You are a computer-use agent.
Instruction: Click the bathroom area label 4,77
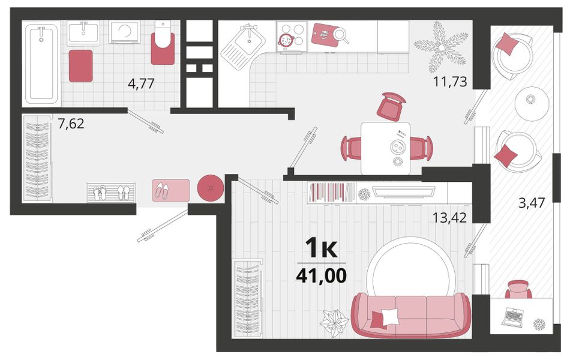(x=141, y=83)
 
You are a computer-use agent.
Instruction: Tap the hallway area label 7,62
(x=71, y=124)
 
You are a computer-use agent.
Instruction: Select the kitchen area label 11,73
(x=449, y=82)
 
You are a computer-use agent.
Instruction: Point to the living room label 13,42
(x=449, y=217)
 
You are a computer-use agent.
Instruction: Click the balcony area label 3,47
(x=532, y=203)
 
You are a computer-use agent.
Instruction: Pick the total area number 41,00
(x=322, y=275)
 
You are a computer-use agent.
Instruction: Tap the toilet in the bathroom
(x=163, y=43)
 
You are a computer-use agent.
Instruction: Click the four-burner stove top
(x=292, y=35)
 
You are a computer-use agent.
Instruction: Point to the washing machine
(x=124, y=32)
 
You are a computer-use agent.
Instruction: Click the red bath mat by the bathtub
(x=81, y=66)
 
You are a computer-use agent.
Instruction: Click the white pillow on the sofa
(x=389, y=316)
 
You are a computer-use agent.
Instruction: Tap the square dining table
(x=385, y=148)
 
